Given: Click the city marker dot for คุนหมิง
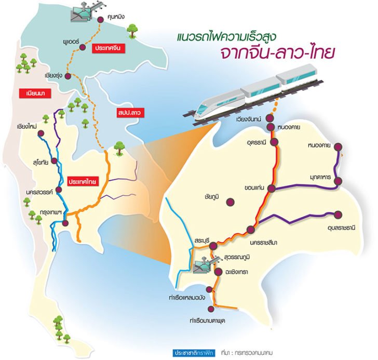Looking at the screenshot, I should click(x=101, y=20).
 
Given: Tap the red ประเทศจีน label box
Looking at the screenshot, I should click(x=107, y=48).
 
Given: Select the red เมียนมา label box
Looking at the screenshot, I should click(x=30, y=94).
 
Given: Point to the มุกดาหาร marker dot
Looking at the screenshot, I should click(x=338, y=181).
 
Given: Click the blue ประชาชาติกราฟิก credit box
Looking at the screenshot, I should click(x=194, y=351).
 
